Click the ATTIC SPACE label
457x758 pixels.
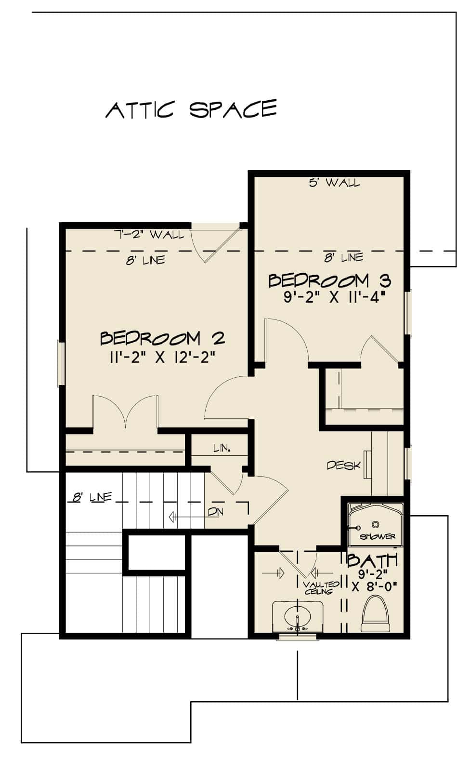(191, 109)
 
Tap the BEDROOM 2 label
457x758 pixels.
(162, 338)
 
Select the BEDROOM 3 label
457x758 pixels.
(329, 280)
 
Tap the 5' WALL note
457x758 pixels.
(334, 183)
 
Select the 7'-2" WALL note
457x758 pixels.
(148, 235)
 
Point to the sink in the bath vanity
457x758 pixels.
(297, 617)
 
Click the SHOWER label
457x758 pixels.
(377, 536)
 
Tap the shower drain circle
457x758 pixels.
(376, 524)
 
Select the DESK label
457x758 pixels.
(343, 465)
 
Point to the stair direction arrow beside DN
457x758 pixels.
(185, 517)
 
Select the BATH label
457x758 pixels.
(372, 560)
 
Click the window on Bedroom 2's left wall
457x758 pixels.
(61, 363)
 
